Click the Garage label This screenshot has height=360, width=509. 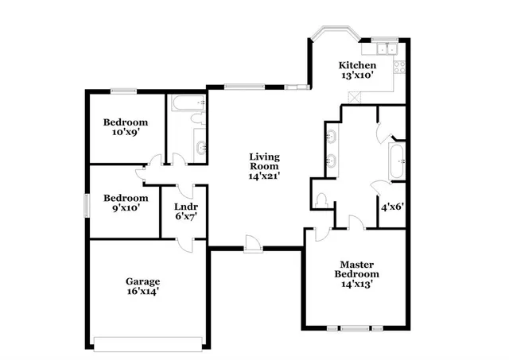click(x=143, y=281)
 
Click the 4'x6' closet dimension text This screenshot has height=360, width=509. click(x=391, y=207)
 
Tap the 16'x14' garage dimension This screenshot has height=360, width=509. click(x=143, y=292)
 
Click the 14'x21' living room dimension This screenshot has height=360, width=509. click(x=264, y=178)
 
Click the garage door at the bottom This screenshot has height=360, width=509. click(x=149, y=344)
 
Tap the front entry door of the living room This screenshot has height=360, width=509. click(x=254, y=244)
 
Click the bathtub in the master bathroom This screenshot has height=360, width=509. click(x=395, y=161)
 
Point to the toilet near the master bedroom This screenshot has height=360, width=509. click(x=321, y=199)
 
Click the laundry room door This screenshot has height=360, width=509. click(x=185, y=191)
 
